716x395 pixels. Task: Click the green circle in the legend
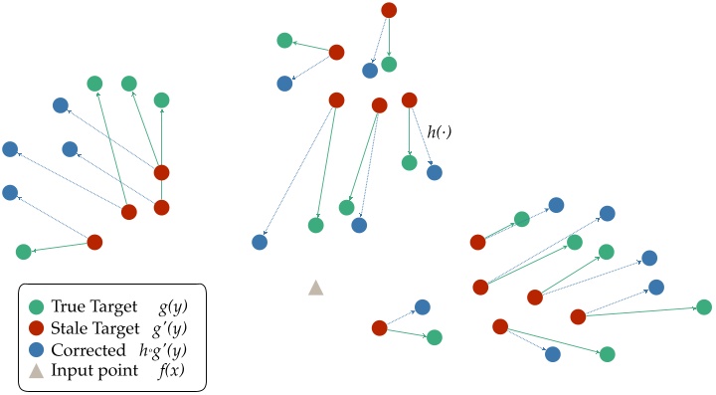[37, 308]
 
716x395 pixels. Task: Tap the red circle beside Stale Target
[37, 329]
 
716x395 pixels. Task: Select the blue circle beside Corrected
[37, 350]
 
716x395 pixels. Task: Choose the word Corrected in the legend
[89, 350]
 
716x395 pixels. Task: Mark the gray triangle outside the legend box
[315, 288]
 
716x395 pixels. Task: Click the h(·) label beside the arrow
[439, 131]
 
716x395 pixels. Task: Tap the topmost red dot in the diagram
[389, 11]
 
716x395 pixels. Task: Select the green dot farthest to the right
[703, 307]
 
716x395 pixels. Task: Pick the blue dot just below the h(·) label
[435, 172]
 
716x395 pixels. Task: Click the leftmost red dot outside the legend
[94, 242]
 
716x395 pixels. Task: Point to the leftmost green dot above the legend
[24, 252]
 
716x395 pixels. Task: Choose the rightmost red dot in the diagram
[578, 316]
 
